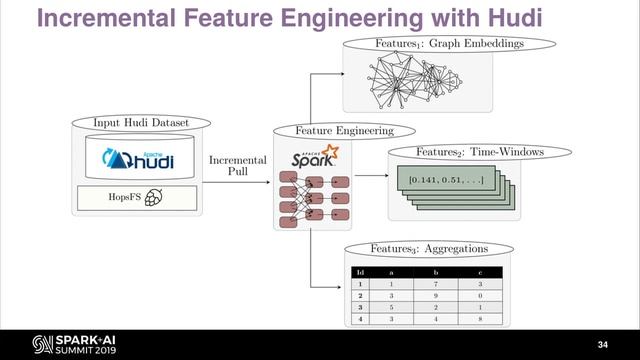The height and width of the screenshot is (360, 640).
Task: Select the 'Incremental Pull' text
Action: click(238, 165)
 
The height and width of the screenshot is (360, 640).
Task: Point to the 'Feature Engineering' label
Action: click(343, 130)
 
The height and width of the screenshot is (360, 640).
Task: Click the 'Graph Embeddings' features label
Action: click(449, 44)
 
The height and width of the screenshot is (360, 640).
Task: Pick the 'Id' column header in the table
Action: click(359, 273)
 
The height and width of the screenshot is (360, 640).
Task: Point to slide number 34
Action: click(602, 345)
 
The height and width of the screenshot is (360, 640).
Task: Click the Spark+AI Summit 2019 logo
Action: click(60, 344)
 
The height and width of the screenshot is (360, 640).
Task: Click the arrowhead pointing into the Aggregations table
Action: click(337, 291)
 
